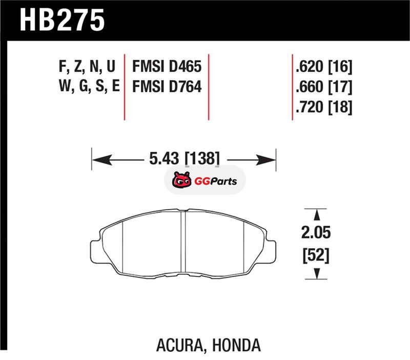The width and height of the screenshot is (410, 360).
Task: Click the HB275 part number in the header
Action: coord(62,20)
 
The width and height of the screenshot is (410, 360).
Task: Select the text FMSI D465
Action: coord(167,66)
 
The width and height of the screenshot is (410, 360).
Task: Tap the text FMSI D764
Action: coord(167,86)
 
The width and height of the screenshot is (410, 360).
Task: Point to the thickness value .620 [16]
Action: coord(324,67)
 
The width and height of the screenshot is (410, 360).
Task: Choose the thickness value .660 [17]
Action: coord(324,87)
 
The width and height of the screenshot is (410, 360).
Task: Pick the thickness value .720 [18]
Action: coord(324,107)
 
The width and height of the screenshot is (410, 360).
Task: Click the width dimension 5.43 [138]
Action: coord(184,158)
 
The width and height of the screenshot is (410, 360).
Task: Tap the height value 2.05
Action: coord(316,232)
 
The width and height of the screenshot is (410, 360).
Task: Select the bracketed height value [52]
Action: coord(316,255)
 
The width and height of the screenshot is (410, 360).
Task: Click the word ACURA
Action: coord(180,345)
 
